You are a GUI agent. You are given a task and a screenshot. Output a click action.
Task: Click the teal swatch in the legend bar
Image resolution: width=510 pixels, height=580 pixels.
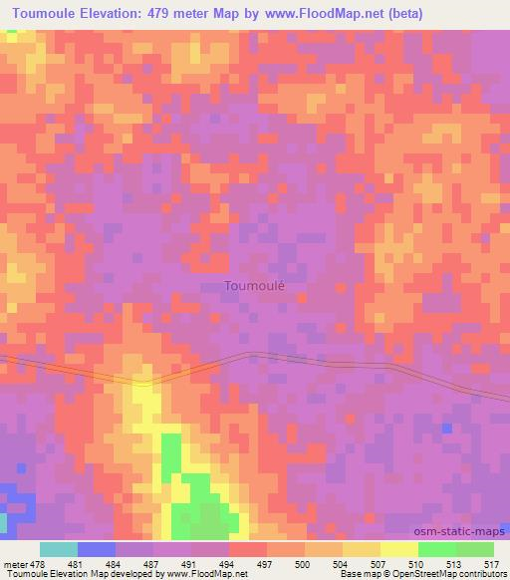[58, 549]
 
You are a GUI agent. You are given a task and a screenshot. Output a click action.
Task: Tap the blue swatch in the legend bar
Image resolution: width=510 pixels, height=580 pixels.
[96, 549]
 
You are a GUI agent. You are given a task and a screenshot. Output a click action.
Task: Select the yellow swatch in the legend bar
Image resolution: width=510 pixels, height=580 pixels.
[398, 549]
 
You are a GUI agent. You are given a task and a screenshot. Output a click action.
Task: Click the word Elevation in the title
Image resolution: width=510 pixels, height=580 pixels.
[109, 13]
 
